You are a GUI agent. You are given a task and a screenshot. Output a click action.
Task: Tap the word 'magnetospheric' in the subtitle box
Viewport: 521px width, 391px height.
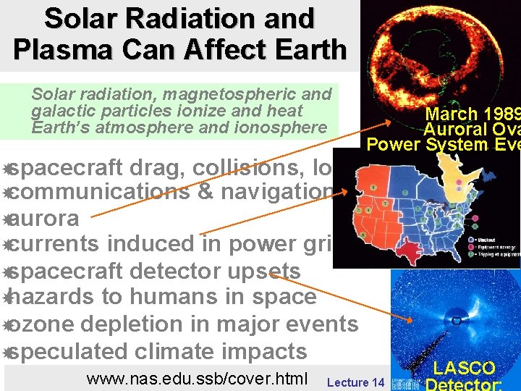click(x=237, y=94)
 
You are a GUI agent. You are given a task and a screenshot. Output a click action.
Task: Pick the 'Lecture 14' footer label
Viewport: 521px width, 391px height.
click(x=355, y=382)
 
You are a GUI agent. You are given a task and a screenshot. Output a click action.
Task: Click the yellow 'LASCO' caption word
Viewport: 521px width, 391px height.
click(x=465, y=369)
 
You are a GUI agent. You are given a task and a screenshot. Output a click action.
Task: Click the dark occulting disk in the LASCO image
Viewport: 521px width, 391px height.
click(x=456, y=319)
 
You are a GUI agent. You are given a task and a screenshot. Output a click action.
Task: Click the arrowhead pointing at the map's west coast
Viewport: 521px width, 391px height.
click(x=352, y=191)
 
